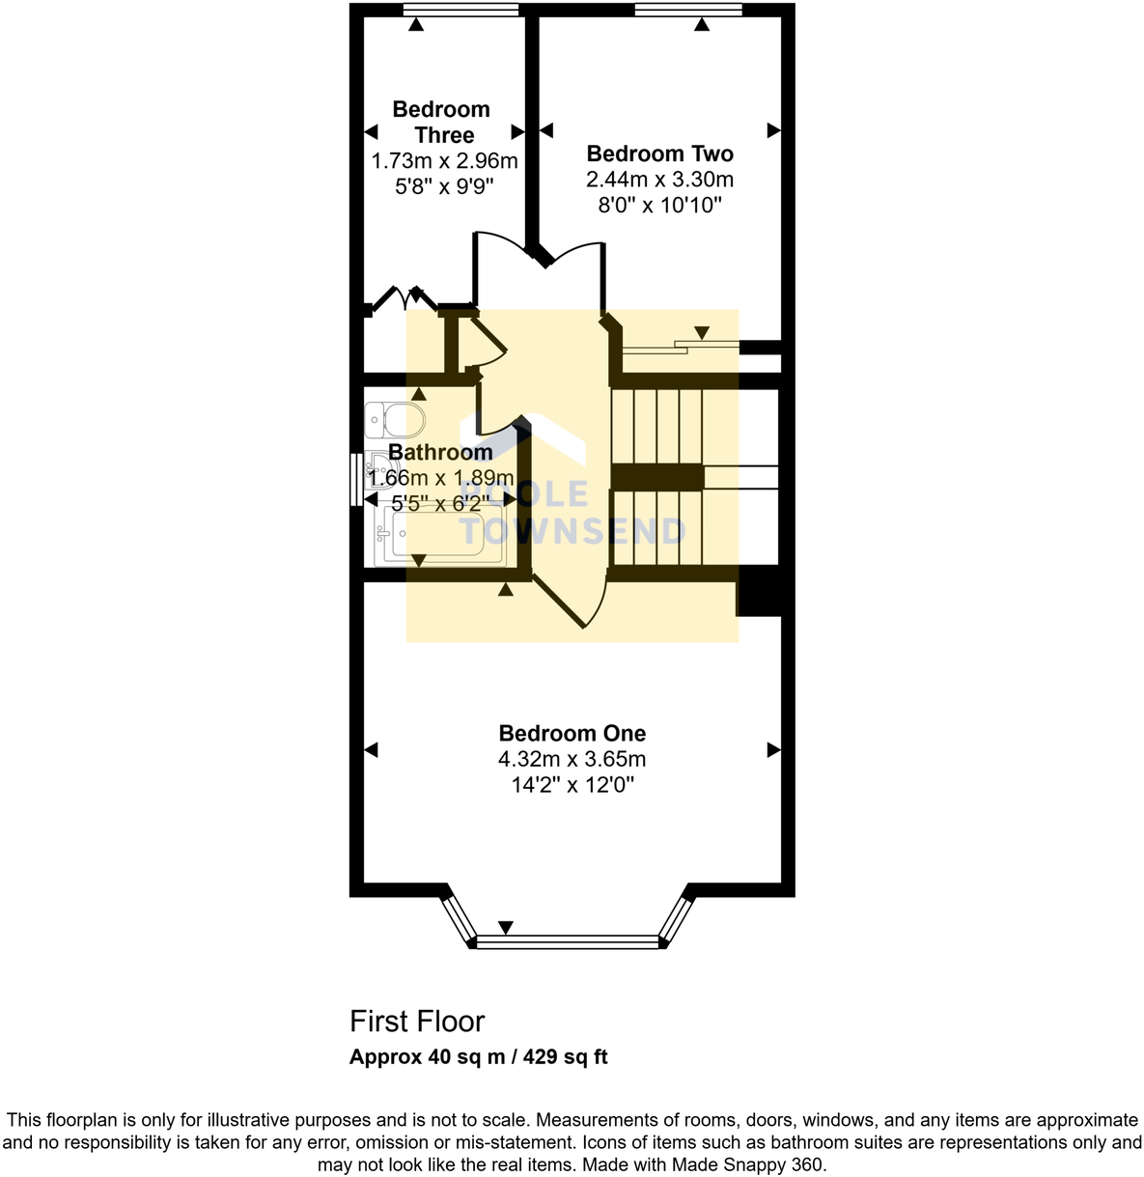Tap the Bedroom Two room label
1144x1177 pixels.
[659, 154]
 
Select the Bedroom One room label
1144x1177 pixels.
[572, 733]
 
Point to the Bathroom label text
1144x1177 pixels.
[440, 452]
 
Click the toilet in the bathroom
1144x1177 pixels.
[397, 420]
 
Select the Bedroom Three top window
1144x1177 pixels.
[460, 10]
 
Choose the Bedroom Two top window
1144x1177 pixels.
[688, 10]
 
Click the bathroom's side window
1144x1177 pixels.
[357, 479]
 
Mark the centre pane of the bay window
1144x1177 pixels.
[568, 941]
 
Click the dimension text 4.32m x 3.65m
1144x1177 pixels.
[572, 759]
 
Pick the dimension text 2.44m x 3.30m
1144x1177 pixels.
[659, 180]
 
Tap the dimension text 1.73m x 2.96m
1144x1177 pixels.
[444, 161]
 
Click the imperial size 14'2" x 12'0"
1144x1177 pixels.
[572, 785]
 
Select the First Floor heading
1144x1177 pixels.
[417, 1021]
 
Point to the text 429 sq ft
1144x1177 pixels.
[566, 1056]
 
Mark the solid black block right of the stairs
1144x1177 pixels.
[759, 591]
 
